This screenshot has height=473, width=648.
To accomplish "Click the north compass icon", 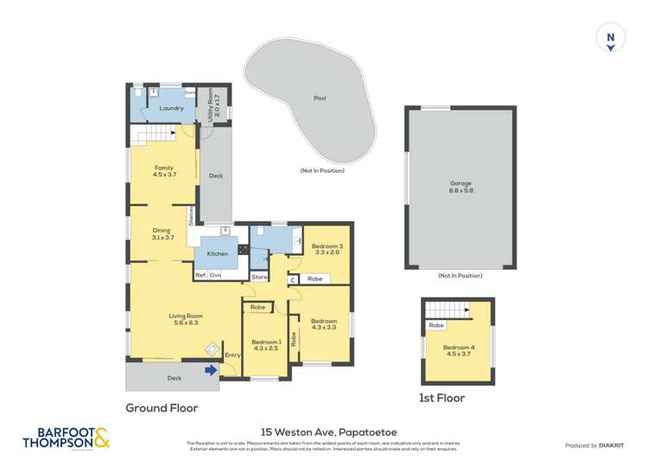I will [610, 39].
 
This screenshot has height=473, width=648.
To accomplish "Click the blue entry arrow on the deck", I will [210, 371].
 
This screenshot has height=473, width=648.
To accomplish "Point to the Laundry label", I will [171, 108].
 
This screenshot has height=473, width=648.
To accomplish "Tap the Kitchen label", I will [217, 253].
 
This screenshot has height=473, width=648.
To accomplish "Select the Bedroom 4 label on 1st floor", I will [458, 354].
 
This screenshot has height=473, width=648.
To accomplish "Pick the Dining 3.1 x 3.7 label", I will [162, 233].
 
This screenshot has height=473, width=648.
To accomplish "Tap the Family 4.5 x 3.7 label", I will [164, 171].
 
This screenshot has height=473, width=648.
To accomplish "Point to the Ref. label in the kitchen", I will [200, 275].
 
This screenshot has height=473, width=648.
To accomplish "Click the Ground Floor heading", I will [162, 408].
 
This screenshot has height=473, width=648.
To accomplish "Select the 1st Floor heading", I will [442, 399].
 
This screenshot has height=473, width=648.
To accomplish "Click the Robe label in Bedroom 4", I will [435, 326].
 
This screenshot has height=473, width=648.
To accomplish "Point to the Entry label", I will [232, 355].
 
